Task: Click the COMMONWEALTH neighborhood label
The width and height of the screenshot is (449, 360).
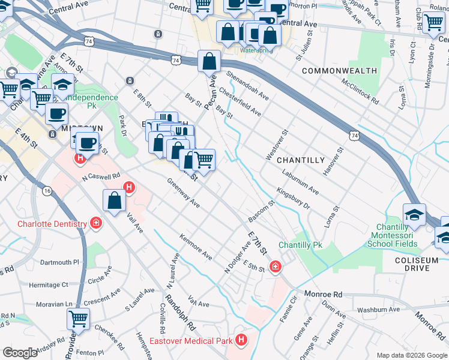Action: (339, 71)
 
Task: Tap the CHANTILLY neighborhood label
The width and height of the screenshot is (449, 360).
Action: (301, 160)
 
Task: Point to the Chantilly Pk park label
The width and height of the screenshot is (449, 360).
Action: (300, 245)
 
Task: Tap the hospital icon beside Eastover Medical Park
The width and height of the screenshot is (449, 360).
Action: (241, 341)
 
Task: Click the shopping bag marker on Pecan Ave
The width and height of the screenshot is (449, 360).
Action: (209, 61)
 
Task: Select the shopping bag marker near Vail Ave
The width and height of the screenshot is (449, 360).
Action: (114, 202)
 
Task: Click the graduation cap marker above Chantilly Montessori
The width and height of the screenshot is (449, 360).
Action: (414, 215)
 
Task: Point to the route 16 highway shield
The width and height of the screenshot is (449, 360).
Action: (47, 190)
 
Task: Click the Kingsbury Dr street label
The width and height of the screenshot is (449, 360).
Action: (293, 199)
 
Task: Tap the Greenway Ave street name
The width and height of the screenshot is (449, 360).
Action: (183, 193)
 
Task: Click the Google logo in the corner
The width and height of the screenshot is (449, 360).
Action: (20, 353)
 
